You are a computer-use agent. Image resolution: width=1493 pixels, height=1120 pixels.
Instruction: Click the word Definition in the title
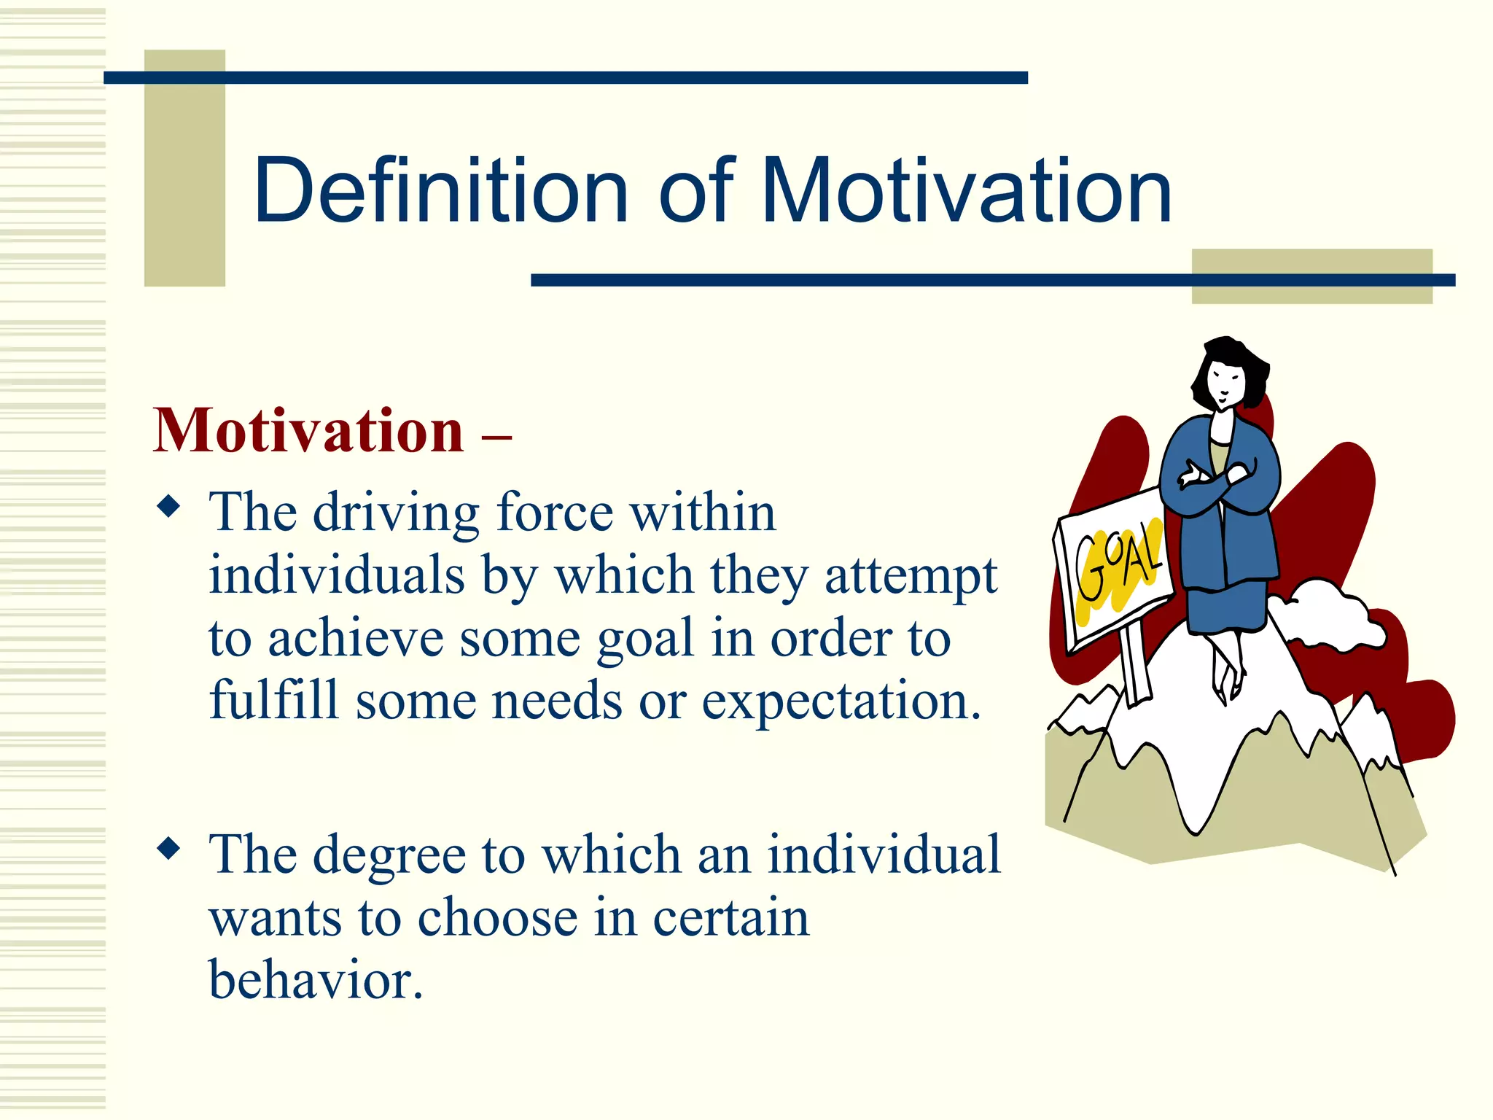point(440,191)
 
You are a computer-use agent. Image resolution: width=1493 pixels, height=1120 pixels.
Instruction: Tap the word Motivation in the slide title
point(966,191)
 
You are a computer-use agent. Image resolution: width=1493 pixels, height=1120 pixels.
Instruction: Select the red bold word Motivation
point(308,432)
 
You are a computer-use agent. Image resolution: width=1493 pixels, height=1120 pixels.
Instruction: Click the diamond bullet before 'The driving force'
point(168,506)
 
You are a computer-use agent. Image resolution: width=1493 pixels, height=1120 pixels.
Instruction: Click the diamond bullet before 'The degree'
point(168,848)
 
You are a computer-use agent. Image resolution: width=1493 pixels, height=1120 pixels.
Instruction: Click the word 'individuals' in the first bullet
point(336,576)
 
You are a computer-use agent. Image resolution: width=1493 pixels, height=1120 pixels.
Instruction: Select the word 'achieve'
point(356,639)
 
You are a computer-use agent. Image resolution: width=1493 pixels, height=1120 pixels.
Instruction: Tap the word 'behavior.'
point(316,981)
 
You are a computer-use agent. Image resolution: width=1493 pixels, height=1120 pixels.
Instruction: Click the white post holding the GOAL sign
point(1134,667)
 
